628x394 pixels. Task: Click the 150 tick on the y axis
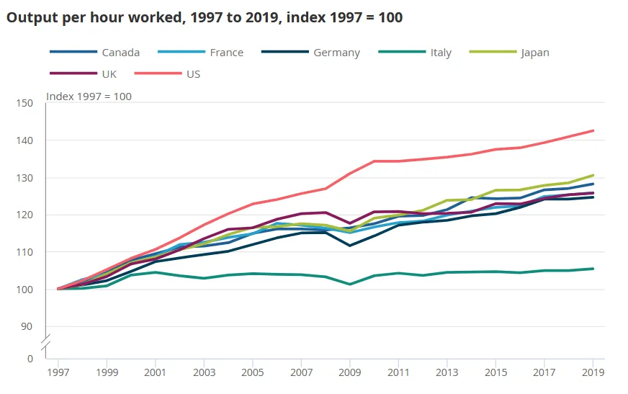click(x=24, y=103)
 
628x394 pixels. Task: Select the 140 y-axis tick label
click(x=24, y=140)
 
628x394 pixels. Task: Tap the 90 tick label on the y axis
click(x=27, y=326)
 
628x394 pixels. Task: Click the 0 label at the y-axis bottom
click(x=30, y=358)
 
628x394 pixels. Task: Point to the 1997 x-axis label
click(x=58, y=372)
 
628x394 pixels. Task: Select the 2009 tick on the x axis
click(x=350, y=372)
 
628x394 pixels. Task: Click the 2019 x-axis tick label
click(x=593, y=372)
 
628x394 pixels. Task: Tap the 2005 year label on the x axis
click(x=253, y=372)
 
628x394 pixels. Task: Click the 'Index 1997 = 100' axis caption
click(x=89, y=96)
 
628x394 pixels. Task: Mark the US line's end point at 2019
click(x=593, y=130)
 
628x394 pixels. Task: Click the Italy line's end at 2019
click(x=593, y=269)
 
